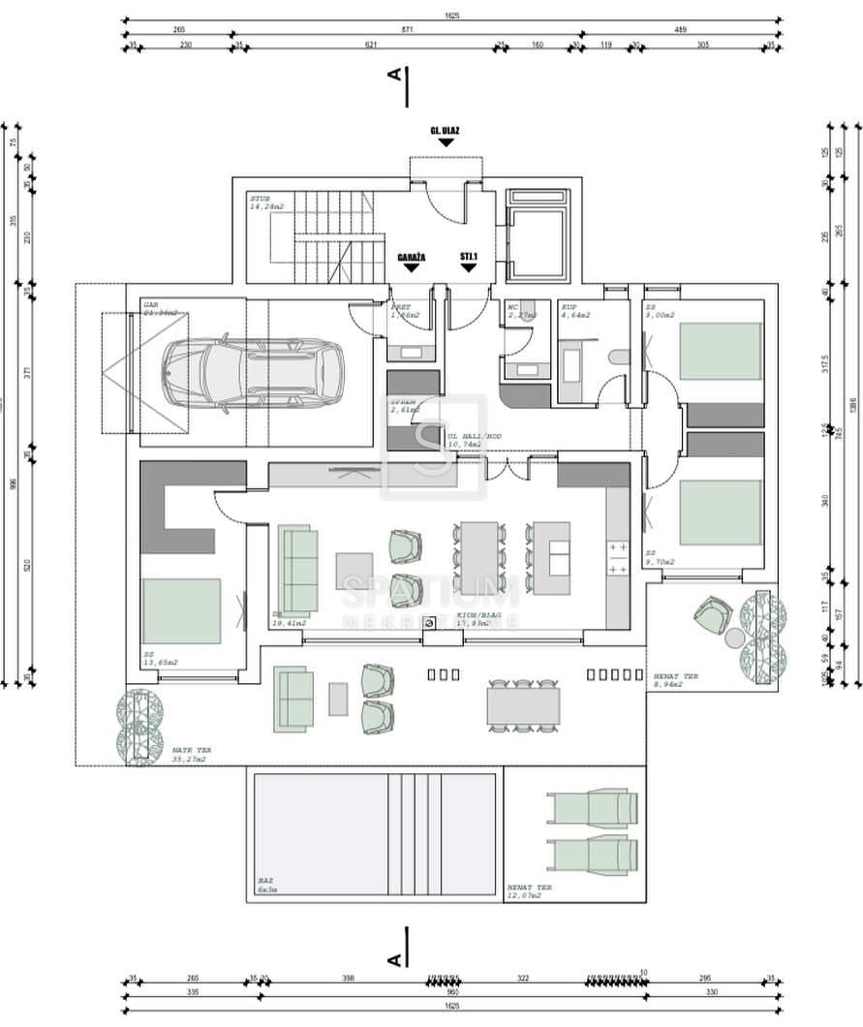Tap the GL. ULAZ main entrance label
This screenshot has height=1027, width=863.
[x=445, y=129]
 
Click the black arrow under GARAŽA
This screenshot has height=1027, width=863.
[x=411, y=266]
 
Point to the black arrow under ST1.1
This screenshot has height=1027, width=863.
[x=469, y=266]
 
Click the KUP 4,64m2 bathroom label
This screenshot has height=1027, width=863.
[x=576, y=311]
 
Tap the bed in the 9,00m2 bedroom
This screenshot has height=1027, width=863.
[x=721, y=350]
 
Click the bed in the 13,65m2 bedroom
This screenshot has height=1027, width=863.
[x=181, y=611]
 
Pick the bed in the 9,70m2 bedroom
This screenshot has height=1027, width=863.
[x=721, y=512]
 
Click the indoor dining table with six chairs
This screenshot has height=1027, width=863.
[x=478, y=557]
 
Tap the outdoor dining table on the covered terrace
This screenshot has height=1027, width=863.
[x=524, y=704]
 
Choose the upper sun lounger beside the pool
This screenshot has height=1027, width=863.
[x=592, y=808]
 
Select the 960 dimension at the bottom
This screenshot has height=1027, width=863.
[x=451, y=992]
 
